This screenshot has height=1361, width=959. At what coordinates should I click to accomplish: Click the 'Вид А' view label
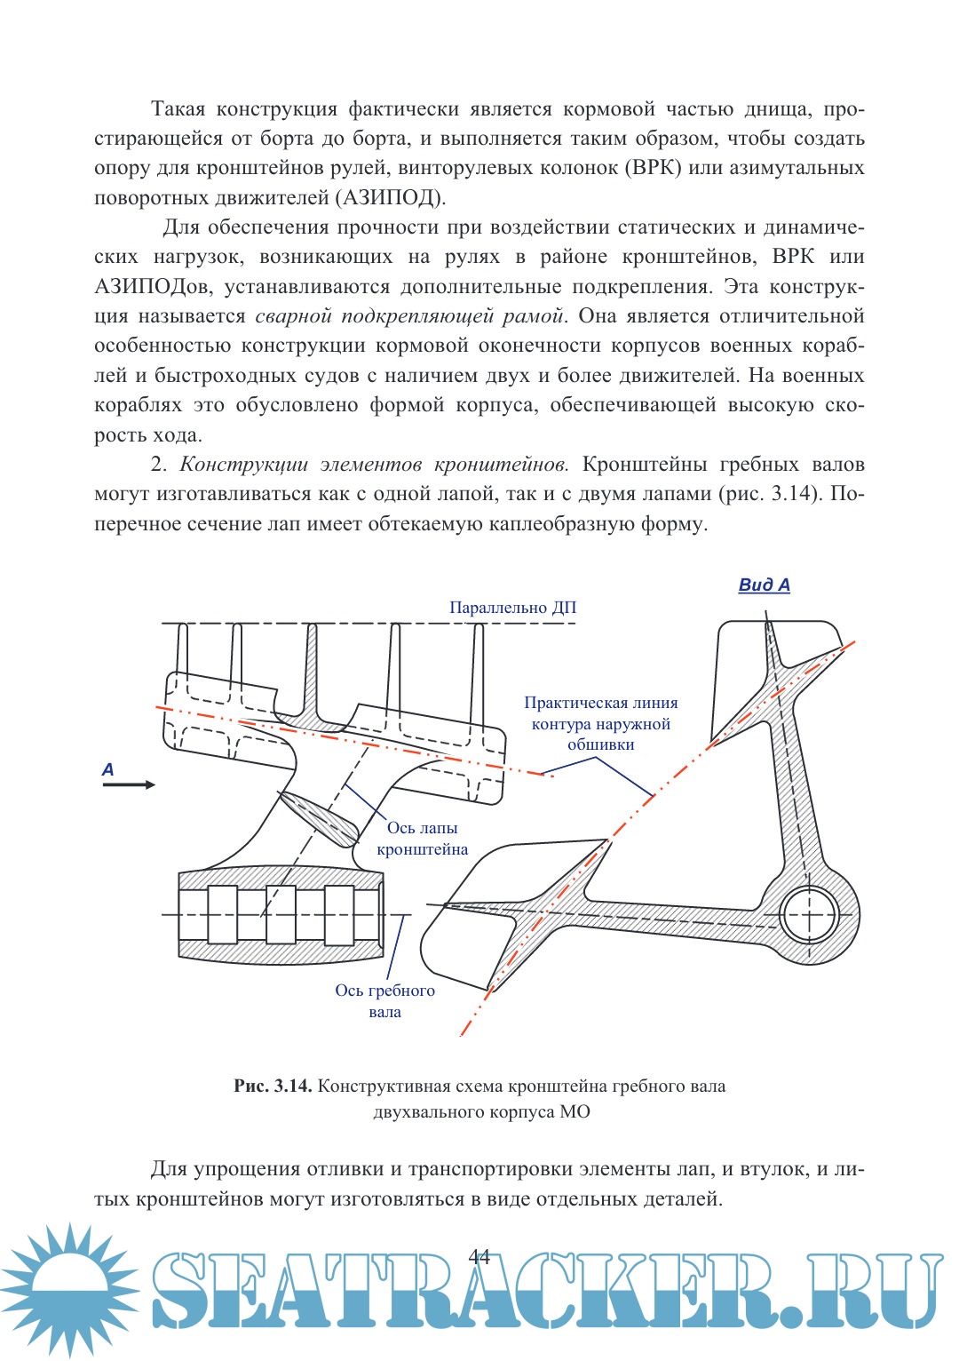pos(764,585)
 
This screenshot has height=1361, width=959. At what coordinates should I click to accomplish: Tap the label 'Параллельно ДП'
pos(512,608)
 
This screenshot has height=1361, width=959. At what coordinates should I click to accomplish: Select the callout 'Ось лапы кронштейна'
pos(422,839)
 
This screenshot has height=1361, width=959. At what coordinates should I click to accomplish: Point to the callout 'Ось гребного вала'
pos(384,1001)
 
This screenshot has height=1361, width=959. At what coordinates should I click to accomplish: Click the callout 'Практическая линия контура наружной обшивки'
pos(600,724)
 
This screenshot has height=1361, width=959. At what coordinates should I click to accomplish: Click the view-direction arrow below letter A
pos(129,784)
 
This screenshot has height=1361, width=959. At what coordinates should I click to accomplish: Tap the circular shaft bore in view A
pos(809,915)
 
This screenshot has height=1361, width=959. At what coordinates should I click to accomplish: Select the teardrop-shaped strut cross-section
pos(318,817)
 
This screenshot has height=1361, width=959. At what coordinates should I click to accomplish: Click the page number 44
pos(479,1256)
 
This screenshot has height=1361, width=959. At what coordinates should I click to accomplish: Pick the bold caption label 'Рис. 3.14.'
pos(273,1086)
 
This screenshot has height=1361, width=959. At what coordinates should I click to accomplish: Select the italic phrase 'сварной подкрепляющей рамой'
pos(409,316)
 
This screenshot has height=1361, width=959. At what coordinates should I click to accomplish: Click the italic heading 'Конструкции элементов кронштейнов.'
pos(374,465)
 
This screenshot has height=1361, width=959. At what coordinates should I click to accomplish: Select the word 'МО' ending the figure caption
pos(575,1112)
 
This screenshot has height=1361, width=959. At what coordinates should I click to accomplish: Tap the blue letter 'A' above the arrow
pos(107,769)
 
